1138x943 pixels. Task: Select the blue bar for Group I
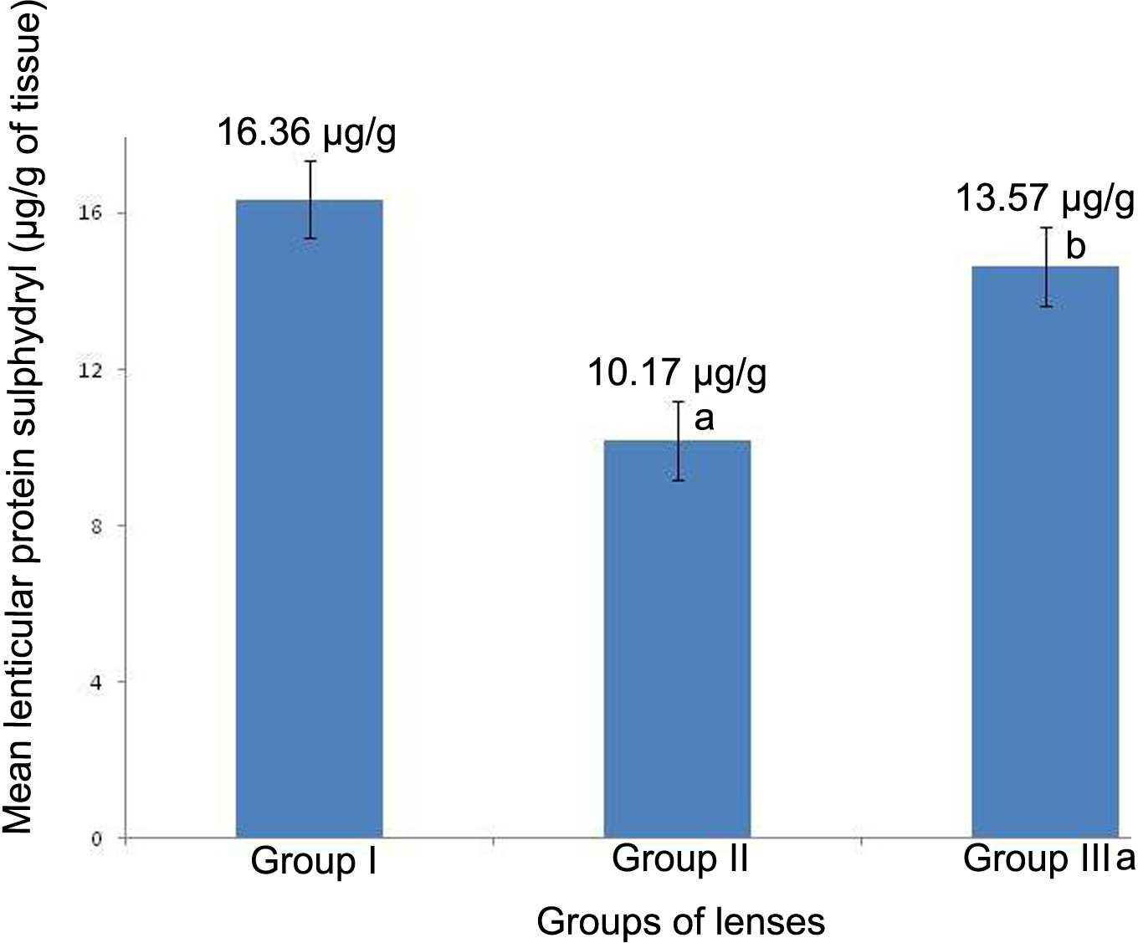(309, 519)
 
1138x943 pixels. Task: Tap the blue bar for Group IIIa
(1045, 552)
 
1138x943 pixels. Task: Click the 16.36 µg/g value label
(307, 132)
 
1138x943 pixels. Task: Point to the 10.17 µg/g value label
(676, 374)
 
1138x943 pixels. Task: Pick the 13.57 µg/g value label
(1045, 200)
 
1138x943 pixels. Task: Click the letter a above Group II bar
(705, 417)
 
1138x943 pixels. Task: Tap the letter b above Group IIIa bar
(1075, 247)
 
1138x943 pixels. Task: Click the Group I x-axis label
(313, 861)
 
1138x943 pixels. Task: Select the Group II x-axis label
(679, 859)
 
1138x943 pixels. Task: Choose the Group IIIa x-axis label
(1048, 859)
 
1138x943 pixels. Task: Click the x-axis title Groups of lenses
(680, 921)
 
